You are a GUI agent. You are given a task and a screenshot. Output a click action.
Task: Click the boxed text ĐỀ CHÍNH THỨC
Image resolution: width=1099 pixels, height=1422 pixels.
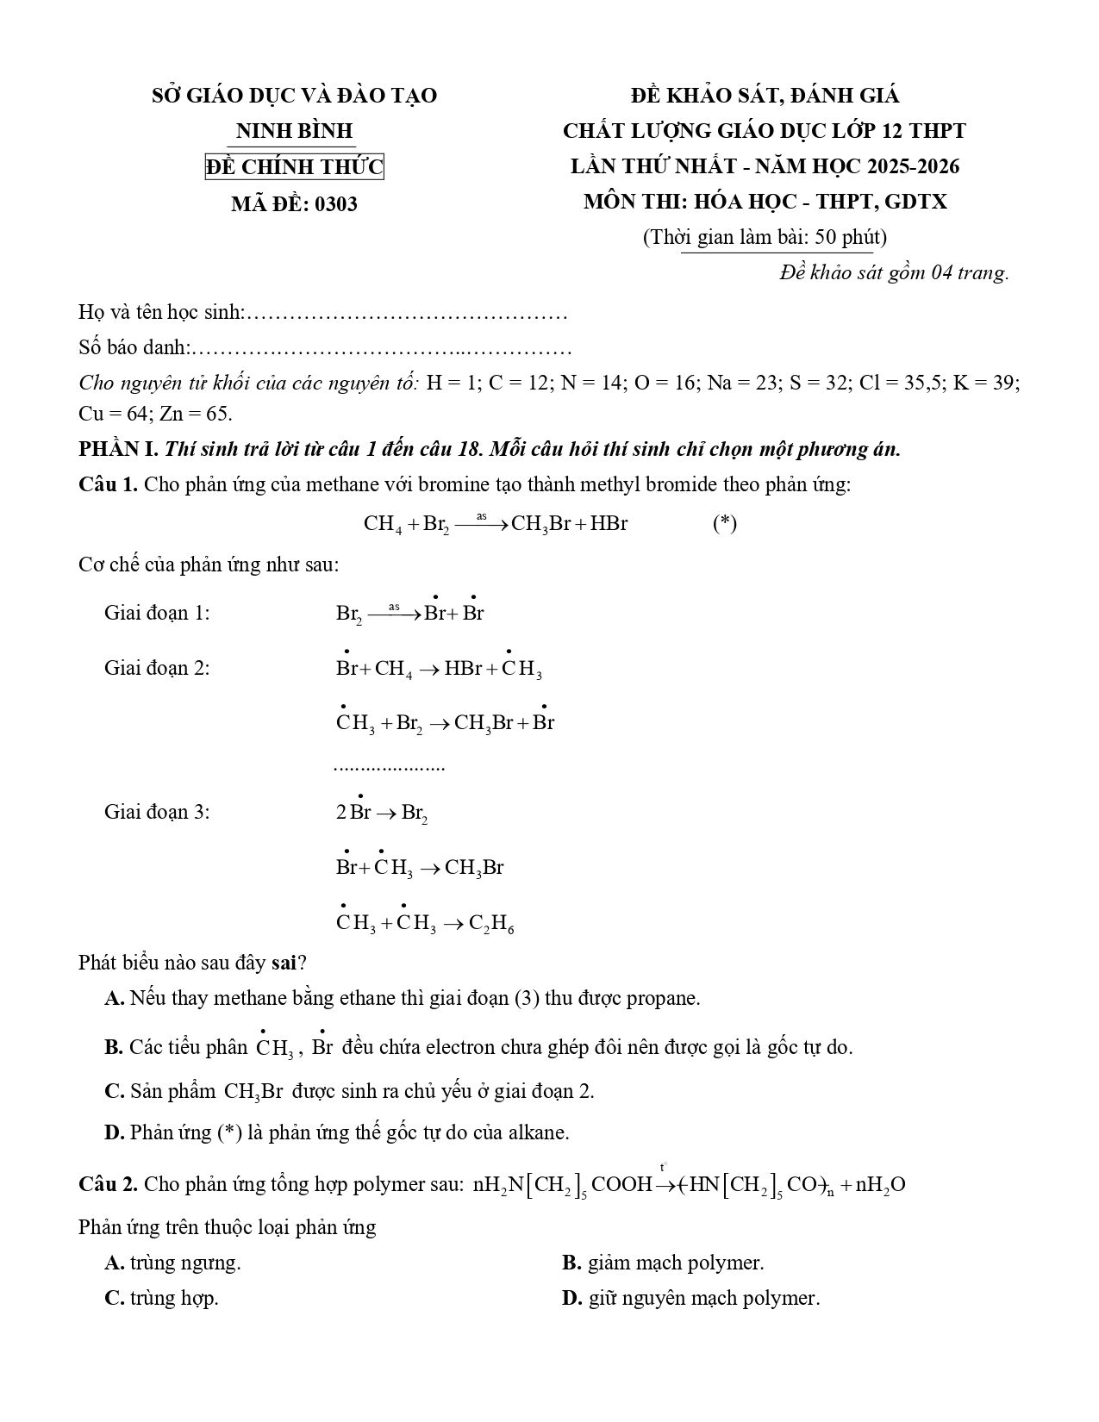coord(294,166)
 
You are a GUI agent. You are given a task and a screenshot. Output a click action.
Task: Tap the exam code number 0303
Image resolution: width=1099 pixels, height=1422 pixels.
coord(336,204)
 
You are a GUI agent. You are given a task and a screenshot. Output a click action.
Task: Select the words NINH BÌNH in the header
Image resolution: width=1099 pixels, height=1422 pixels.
coord(294,131)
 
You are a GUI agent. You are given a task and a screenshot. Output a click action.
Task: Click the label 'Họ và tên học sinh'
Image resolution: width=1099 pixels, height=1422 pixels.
coord(160,312)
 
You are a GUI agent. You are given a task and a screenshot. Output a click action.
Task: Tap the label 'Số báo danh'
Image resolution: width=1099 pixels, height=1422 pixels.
coord(134,348)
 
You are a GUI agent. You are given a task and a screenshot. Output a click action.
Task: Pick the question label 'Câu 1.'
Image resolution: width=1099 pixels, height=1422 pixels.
coord(108,484)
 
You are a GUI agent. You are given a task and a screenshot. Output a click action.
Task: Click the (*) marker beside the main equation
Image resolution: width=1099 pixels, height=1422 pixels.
coord(724,524)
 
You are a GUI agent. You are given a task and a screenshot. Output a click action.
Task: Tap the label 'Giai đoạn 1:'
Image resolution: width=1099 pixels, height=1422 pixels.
coord(157,614)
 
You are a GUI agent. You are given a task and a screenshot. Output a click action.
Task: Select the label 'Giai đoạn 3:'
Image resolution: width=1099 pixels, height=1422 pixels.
coord(157,812)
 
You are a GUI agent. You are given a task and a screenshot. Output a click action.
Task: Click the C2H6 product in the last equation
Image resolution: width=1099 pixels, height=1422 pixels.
coord(491,924)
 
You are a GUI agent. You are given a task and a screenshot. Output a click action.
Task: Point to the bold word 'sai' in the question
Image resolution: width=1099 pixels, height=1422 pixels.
coord(284,962)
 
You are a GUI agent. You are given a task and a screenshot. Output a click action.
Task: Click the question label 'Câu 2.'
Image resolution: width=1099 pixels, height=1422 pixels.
coord(108,1184)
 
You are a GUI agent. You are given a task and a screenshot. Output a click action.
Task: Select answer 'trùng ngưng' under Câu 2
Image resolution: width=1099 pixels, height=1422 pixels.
coord(184,1263)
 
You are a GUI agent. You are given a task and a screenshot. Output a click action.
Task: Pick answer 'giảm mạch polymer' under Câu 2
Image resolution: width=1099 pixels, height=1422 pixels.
coord(675,1263)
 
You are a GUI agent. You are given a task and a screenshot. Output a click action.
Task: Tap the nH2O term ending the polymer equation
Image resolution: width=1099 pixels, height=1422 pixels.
coord(880,1185)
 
